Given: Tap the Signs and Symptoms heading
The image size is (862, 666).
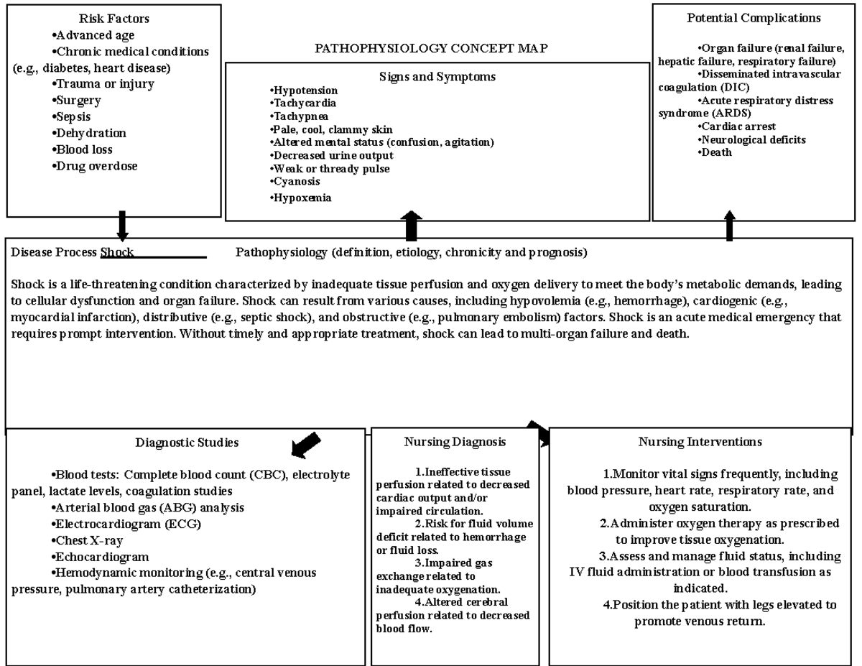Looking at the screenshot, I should pos(437,77).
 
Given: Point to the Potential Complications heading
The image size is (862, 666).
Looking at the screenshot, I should pos(754,18).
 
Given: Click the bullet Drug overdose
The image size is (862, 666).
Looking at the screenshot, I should pos(96,166).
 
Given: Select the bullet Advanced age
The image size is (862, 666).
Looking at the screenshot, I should pos(95,34).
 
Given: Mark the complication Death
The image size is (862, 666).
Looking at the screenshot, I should pos(716,152).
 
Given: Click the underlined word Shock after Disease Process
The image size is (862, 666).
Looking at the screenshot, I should pos(118,252).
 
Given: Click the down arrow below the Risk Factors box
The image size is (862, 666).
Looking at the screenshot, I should pos(123,226).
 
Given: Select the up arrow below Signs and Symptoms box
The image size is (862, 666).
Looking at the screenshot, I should pos(411,226).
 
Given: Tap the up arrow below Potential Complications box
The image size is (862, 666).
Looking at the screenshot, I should pos(730,225).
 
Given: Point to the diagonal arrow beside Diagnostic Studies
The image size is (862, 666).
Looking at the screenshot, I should pos(305,445).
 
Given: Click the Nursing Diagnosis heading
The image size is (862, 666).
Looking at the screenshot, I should pos(455,442).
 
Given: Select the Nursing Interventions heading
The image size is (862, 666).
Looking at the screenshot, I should pos(700,441).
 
